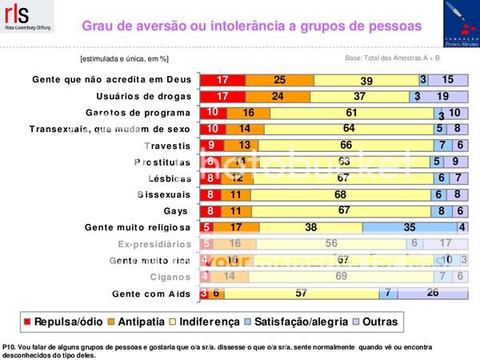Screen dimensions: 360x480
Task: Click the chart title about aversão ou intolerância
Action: pyautogui.click(x=251, y=26)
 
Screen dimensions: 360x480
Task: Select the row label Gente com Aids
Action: pyautogui.click(x=151, y=294)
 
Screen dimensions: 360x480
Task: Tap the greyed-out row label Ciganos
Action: pyautogui.click(x=170, y=277)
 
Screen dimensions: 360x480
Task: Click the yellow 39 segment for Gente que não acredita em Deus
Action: pyautogui.click(x=366, y=80)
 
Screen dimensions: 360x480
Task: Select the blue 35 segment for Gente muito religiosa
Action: pyautogui.click(x=410, y=228)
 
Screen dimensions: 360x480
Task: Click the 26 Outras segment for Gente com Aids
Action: pyautogui.click(x=433, y=294)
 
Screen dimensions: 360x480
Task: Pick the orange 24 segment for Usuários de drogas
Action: pyautogui.click(x=278, y=96)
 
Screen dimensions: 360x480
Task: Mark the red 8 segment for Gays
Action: pyautogui.click(x=209, y=211)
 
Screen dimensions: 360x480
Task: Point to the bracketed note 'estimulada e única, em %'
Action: pyautogui.click(x=124, y=58)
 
